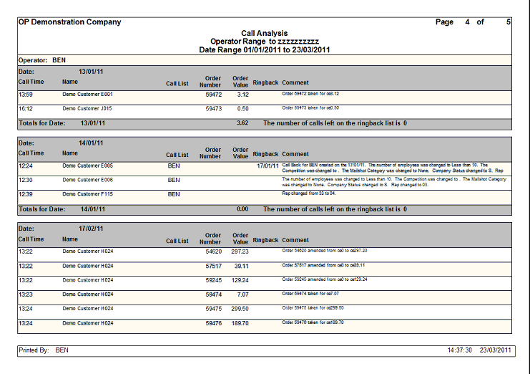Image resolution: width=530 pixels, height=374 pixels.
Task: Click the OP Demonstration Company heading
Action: click(69, 22)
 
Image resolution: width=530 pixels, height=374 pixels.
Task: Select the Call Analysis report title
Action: click(264, 33)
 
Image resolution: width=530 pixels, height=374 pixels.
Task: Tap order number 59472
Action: click(213, 94)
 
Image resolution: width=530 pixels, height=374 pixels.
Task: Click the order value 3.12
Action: click(242, 94)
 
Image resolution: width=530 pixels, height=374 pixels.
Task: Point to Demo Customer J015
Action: click(87, 108)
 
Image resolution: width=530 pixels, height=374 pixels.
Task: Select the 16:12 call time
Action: click(26, 108)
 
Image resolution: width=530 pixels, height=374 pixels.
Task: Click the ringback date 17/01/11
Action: click(268, 166)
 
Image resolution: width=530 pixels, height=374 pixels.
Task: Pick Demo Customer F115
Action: click(87, 194)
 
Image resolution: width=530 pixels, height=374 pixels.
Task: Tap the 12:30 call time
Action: click(26, 180)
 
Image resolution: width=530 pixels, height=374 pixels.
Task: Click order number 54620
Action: click(213, 251)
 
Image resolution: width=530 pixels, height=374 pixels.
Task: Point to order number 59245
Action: click(213, 280)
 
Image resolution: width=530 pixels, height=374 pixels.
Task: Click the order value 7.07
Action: click(242, 294)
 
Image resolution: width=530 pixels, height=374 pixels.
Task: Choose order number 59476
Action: click(213, 323)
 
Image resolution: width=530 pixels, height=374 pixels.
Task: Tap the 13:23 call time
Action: click(26, 294)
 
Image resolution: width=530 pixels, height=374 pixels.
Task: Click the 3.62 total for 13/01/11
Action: click(242, 123)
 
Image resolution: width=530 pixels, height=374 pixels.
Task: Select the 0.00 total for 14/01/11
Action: click(242, 209)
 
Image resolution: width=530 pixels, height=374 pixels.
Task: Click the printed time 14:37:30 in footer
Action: click(458, 350)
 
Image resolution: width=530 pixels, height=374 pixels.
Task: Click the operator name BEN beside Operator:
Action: click(59, 60)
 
